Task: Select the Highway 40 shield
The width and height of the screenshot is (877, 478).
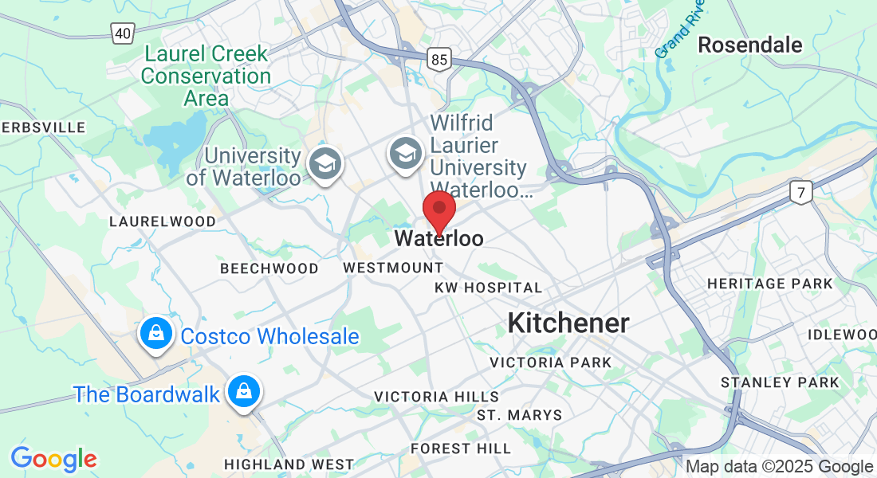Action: pos(122,33)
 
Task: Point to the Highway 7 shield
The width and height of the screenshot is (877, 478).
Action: pos(801,191)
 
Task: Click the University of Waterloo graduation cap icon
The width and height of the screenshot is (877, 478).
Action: pos(325,163)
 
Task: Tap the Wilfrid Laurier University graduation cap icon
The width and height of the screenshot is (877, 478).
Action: pos(406,152)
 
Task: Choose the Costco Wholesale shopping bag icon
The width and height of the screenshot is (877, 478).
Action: pos(156,335)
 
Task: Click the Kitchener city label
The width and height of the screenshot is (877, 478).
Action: pos(568,323)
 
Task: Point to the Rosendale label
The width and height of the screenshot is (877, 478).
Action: pos(749,45)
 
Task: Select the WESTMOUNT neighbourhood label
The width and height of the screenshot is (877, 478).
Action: pos(393,268)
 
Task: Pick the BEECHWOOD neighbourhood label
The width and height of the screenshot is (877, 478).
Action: pos(269,268)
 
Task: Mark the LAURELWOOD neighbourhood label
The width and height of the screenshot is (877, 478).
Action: pos(163,221)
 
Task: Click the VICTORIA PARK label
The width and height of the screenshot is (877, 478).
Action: pos(551,362)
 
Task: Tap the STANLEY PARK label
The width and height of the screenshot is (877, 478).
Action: pos(780,382)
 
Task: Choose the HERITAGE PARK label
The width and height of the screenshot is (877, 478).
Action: pos(770,284)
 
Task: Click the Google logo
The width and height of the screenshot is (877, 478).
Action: pos(53,459)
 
